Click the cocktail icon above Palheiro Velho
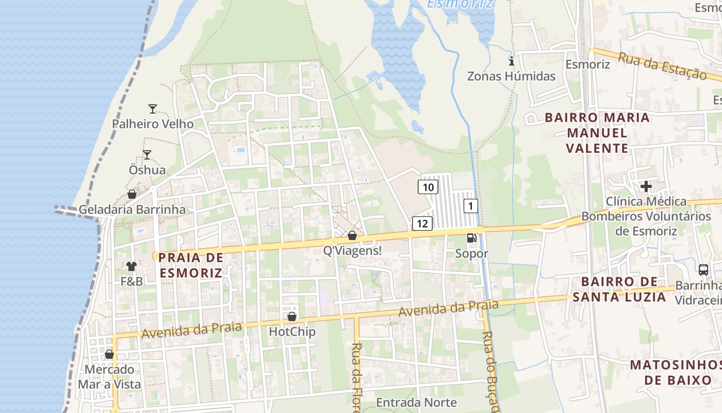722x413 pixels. [152, 108]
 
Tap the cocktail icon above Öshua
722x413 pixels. [147, 154]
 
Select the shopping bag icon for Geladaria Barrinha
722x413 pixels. [132, 194]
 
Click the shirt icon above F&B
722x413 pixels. [132, 266]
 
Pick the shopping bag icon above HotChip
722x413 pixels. [292, 316]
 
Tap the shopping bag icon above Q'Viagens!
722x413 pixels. [352, 235]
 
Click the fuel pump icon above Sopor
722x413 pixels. [471, 238]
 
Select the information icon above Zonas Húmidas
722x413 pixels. [512, 61]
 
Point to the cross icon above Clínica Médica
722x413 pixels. [646, 186]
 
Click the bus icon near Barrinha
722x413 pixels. [703, 269]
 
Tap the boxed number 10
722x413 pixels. [428, 187]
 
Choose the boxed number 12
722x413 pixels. [422, 224]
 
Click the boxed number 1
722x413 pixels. [470, 206]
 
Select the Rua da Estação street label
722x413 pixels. [662, 66]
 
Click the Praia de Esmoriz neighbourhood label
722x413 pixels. [191, 265]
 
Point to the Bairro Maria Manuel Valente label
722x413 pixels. [597, 133]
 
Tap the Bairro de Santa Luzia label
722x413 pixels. [619, 289]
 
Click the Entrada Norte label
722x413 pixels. [416, 402]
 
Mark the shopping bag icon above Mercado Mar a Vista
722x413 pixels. [109, 354]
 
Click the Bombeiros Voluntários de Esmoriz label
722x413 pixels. [646, 223]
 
